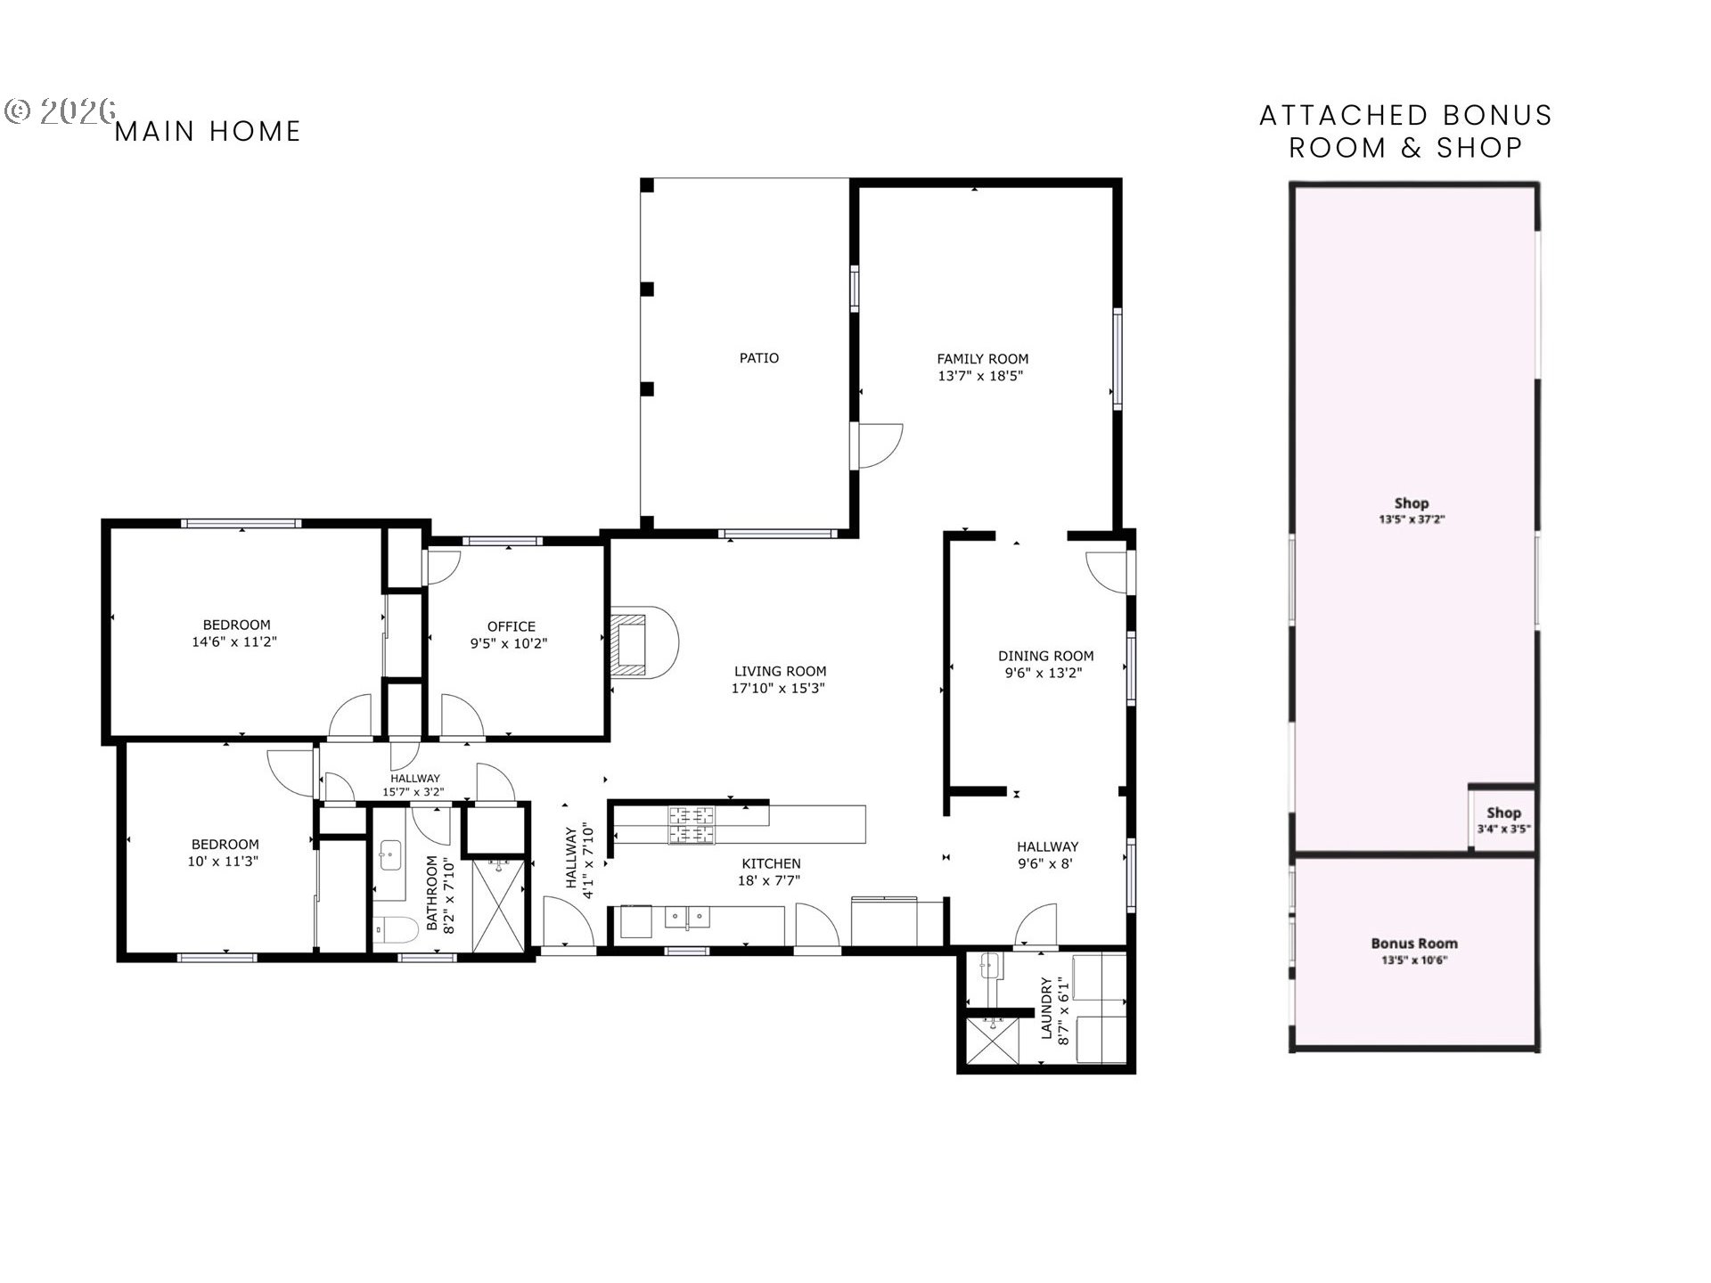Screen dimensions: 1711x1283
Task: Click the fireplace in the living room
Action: (x=643, y=643)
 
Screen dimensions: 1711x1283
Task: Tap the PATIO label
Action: (x=759, y=358)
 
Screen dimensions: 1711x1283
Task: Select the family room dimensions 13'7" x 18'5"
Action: (x=980, y=376)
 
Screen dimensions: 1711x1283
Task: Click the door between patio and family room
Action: (x=880, y=445)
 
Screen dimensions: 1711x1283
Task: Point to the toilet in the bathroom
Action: (x=397, y=932)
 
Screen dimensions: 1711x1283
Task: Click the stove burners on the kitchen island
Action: (x=692, y=824)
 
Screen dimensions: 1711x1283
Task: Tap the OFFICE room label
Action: (x=512, y=626)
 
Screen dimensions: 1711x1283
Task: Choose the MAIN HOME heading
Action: (x=209, y=132)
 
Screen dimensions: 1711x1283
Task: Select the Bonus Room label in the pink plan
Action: (x=1414, y=944)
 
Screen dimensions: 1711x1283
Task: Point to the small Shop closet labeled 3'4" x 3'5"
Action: (x=1502, y=819)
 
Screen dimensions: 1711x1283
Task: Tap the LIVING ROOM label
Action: (x=781, y=672)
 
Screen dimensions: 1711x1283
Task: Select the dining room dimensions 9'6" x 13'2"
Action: (x=1044, y=674)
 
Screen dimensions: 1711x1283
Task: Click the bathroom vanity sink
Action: (x=389, y=856)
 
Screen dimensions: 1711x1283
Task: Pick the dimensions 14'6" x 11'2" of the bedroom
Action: (x=235, y=642)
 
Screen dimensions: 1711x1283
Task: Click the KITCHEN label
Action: (x=772, y=863)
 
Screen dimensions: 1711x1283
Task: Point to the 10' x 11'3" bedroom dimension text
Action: (x=223, y=862)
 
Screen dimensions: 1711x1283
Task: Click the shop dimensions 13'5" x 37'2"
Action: (x=1412, y=519)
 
